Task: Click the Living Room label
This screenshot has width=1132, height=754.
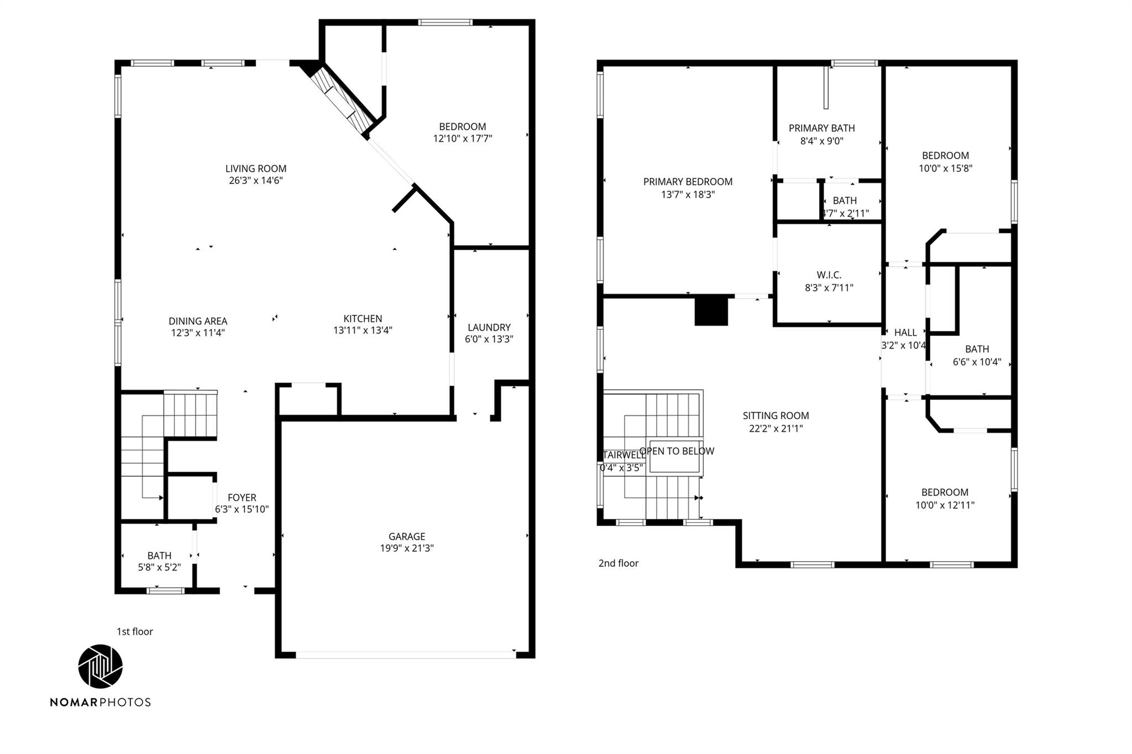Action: [255, 168]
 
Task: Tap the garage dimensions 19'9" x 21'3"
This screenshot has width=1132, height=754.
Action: [406, 548]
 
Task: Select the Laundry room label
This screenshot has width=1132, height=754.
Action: [489, 327]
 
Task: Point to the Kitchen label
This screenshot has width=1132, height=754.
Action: [363, 318]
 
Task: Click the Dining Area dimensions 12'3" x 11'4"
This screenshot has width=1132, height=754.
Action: [197, 333]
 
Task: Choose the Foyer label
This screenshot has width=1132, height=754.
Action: [242, 497]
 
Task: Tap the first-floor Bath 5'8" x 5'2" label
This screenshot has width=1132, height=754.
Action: [159, 561]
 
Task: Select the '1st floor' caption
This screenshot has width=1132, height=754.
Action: [134, 631]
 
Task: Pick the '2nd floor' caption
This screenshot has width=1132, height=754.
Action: [618, 563]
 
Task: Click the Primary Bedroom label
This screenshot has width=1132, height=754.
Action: [688, 182]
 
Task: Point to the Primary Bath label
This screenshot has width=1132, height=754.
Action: [821, 128]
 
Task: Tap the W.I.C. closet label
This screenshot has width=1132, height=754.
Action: [829, 275]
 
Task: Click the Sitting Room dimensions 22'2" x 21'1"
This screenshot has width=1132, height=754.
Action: [775, 428]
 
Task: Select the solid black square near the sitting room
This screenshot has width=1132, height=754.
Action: [711, 311]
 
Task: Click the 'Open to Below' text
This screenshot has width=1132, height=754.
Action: [677, 451]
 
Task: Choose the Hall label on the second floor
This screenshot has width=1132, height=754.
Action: [905, 333]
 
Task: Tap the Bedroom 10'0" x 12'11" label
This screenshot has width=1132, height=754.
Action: [944, 498]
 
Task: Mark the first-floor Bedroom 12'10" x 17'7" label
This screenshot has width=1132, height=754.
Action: [462, 133]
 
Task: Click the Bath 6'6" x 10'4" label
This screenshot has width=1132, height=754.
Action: [977, 356]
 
